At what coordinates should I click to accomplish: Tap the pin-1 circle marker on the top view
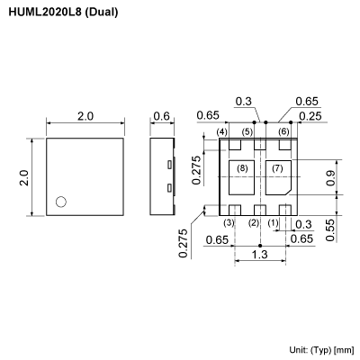click(60, 202)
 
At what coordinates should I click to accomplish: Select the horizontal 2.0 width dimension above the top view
click(85, 117)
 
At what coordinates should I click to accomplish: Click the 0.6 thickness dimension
click(162, 117)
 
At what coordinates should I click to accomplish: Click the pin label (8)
click(241, 168)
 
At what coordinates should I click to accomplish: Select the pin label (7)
click(277, 168)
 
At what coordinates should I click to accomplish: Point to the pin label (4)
click(222, 132)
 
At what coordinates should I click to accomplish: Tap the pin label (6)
click(283, 132)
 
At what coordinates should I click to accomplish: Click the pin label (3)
click(229, 222)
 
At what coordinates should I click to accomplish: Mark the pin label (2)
click(254, 222)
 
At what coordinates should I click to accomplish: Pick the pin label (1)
click(274, 222)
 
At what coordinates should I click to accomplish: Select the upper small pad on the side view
click(169, 165)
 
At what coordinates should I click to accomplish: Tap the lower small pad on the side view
click(169, 189)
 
